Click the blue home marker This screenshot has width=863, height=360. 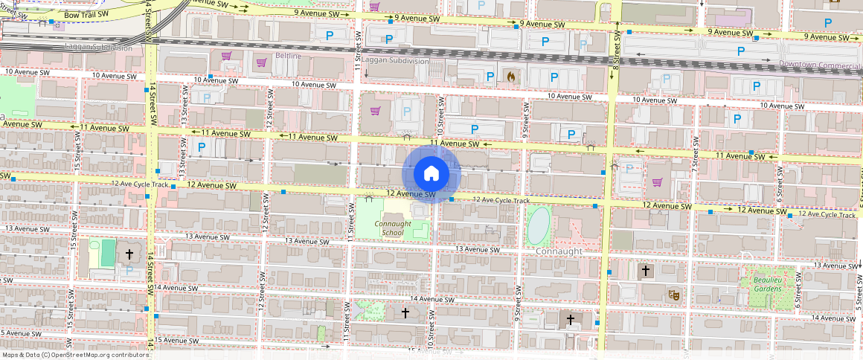431,174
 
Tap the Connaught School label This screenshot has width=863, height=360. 392,228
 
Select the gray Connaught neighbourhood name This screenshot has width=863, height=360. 559,251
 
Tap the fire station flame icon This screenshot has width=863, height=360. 510,76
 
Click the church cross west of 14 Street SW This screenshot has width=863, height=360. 129,254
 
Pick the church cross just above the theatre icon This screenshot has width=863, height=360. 644,269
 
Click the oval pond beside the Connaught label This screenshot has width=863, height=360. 539,225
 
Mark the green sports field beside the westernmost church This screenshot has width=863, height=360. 108,252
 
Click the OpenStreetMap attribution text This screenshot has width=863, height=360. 74,355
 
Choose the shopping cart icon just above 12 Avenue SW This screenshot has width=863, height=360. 656,182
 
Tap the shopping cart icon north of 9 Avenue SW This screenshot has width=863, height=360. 374,7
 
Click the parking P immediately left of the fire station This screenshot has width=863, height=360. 490,76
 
